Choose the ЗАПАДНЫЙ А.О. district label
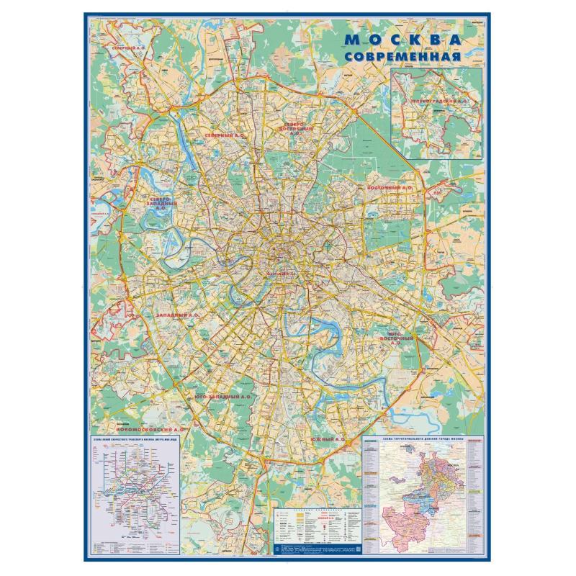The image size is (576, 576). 177,315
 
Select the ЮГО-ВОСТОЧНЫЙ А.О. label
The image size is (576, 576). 401,338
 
